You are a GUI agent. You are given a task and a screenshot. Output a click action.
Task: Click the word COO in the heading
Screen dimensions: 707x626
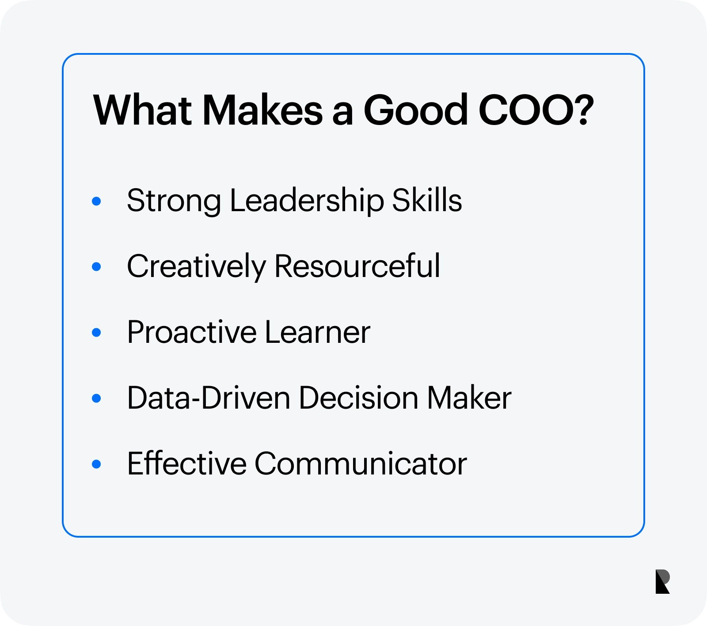(525, 110)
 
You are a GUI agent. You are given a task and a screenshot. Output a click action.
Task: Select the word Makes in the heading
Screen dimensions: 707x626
(263, 110)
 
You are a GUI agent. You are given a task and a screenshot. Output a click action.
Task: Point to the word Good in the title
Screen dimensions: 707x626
(415, 110)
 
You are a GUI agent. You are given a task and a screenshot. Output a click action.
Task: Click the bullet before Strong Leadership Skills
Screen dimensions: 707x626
(96, 201)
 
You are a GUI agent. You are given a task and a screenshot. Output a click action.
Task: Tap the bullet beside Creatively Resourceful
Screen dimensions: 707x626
(96, 267)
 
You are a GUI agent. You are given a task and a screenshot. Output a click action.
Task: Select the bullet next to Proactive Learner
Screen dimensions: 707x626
(96, 332)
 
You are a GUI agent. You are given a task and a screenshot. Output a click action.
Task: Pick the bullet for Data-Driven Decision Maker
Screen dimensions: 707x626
(96, 398)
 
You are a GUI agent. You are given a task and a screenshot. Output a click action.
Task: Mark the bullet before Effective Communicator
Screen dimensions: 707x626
(96, 464)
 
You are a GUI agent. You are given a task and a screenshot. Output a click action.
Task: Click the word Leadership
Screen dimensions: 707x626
(307, 201)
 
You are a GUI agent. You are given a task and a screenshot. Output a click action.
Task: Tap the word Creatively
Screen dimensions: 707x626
(197, 267)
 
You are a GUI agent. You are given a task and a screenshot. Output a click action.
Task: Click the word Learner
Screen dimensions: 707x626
(318, 332)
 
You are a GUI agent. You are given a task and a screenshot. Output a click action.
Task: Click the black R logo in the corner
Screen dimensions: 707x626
(662, 581)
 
